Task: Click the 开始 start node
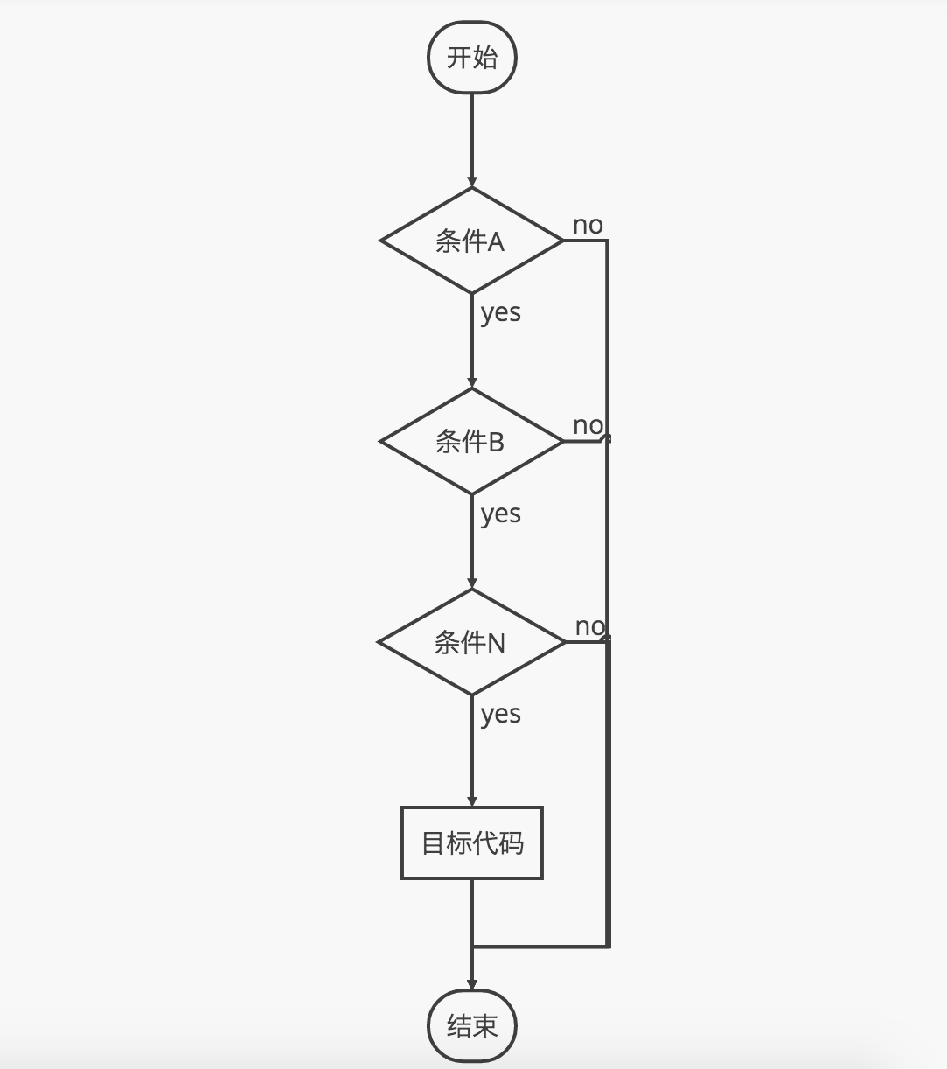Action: pos(472,58)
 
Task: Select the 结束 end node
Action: pos(472,1025)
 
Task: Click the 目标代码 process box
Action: pos(472,843)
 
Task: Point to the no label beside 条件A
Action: pos(588,226)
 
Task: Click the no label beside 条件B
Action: pos(588,426)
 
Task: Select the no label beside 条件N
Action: pos(589,626)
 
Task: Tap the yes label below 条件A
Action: pos(500,312)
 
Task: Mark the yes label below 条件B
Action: pos(500,514)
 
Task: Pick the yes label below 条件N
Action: pos(500,714)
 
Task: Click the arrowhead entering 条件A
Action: pos(472,181)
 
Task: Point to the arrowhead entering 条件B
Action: pos(472,382)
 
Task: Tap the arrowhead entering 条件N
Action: pos(472,583)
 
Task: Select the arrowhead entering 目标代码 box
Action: pos(472,800)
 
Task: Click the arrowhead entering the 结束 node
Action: pos(472,984)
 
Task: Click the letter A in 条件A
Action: pos(496,241)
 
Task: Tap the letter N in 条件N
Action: pos(496,644)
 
